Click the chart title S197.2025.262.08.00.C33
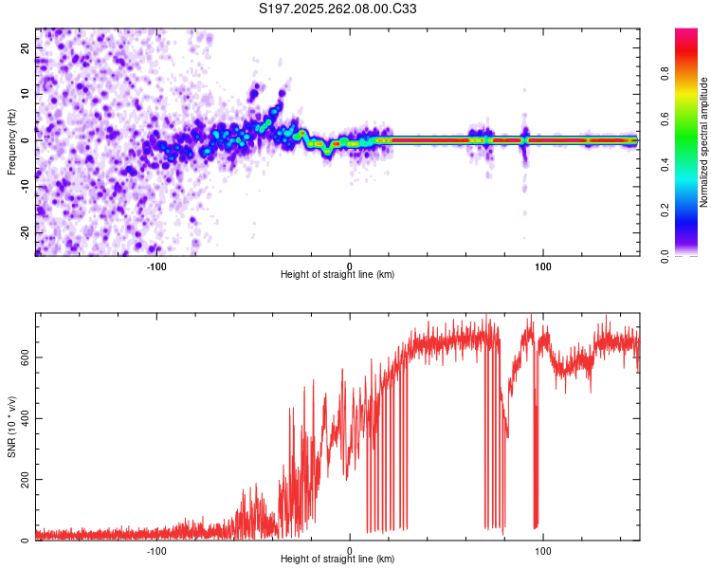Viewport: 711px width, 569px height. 338,9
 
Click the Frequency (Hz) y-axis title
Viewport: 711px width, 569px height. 11,142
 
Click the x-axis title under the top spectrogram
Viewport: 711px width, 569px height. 337,274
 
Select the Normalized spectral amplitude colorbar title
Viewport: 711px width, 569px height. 704,142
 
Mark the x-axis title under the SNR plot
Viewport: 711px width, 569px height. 337,559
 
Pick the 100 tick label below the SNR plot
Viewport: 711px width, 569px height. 543,549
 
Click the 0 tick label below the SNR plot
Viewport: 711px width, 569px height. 350,549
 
